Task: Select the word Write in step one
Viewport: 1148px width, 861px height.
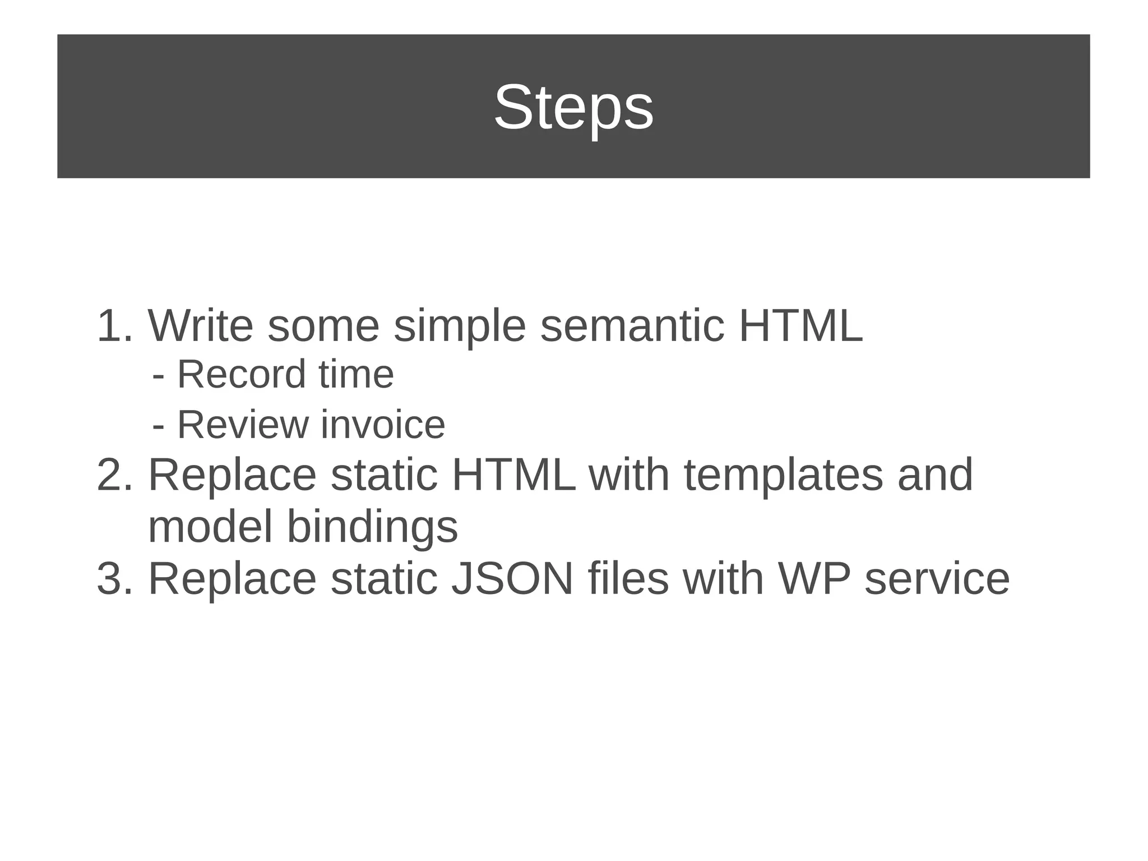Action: (200, 326)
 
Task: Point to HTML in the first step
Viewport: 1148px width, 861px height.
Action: (800, 326)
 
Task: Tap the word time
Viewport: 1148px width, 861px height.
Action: (356, 375)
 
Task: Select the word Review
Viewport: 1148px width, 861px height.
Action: (243, 425)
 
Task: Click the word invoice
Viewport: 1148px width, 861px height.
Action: (383, 425)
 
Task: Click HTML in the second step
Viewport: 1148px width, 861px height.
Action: (513, 475)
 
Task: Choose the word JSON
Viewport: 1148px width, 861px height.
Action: (512, 579)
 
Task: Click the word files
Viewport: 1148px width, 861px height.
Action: (628, 579)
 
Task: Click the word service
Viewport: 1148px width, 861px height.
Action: (937, 579)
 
